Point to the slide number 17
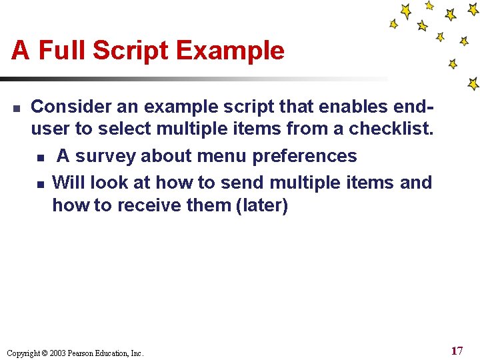[x=457, y=351]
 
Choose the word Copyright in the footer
[x=23, y=353]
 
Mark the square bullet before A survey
[x=40, y=157]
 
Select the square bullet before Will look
[x=40, y=183]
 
